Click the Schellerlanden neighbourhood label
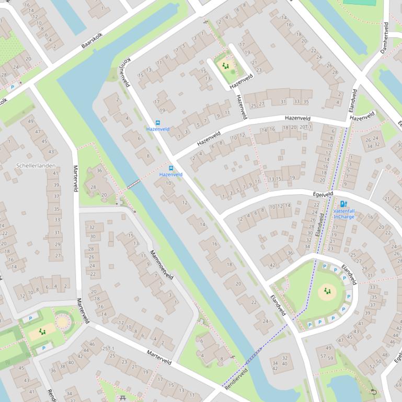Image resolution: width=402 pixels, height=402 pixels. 36,165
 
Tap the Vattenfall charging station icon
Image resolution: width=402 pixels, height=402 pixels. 343,204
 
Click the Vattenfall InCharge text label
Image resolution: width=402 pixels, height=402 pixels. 343,214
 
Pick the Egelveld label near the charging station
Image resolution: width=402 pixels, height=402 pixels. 323,194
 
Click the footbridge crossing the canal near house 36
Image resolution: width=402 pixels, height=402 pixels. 133,183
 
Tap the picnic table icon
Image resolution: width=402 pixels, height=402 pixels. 123,398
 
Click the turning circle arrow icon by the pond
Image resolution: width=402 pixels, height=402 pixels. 373,392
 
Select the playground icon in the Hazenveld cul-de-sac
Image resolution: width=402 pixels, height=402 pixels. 226,66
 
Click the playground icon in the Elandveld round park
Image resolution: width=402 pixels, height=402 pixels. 327,291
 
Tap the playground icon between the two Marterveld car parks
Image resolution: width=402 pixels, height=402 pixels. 42,332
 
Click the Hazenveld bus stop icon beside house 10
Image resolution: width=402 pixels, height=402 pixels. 171,168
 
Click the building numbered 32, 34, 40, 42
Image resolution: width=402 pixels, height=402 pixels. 280,362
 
